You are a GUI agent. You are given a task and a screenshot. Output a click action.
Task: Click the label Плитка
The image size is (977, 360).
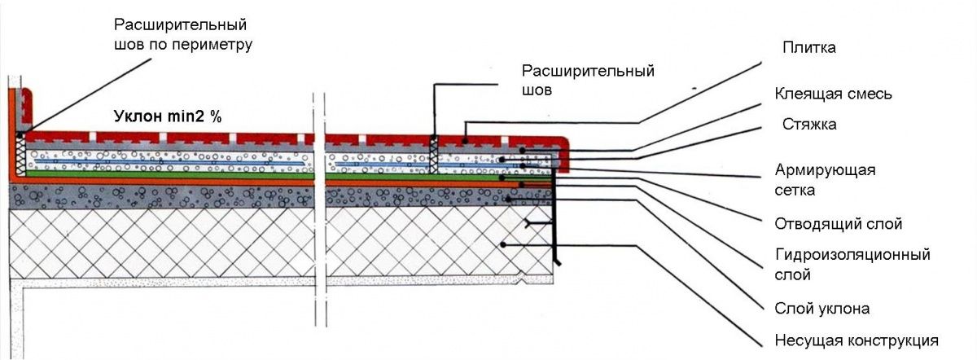coord(808,47)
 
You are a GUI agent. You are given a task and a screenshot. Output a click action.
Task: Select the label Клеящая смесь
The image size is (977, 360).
coord(833,94)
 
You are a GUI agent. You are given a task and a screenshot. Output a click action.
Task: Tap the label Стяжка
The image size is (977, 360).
coord(809,125)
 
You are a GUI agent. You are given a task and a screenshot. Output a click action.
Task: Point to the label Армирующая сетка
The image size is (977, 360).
coord(825,180)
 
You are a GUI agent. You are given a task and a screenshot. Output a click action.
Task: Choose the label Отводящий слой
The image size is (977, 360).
coord(838,224)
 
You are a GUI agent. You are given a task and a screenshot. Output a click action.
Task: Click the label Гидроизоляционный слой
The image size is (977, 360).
coord(852,265)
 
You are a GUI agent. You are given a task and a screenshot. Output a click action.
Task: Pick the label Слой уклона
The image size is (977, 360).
coord(821,309)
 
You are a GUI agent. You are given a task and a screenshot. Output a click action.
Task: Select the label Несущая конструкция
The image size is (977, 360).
coord(857,340)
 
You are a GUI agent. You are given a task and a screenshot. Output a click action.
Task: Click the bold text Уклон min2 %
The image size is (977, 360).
coord(168,116)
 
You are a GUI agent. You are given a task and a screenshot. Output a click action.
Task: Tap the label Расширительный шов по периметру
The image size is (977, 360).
coord(183,34)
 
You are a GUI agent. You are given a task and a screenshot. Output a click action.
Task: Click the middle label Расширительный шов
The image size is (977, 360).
coord(588,80)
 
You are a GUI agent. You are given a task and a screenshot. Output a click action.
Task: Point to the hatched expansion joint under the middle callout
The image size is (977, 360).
coord(433,155)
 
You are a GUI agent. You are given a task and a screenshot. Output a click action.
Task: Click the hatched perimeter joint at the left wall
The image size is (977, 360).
coord(20,154)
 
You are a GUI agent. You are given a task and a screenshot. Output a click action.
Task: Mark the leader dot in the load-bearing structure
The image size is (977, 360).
coord(503,245)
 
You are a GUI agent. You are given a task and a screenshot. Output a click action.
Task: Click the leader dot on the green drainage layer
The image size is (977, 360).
coord(502,178)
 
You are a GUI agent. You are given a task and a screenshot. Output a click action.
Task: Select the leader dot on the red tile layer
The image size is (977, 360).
coord(466,141)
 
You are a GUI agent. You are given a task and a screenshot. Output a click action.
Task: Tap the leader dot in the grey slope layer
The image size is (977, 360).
coord(509,200)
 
